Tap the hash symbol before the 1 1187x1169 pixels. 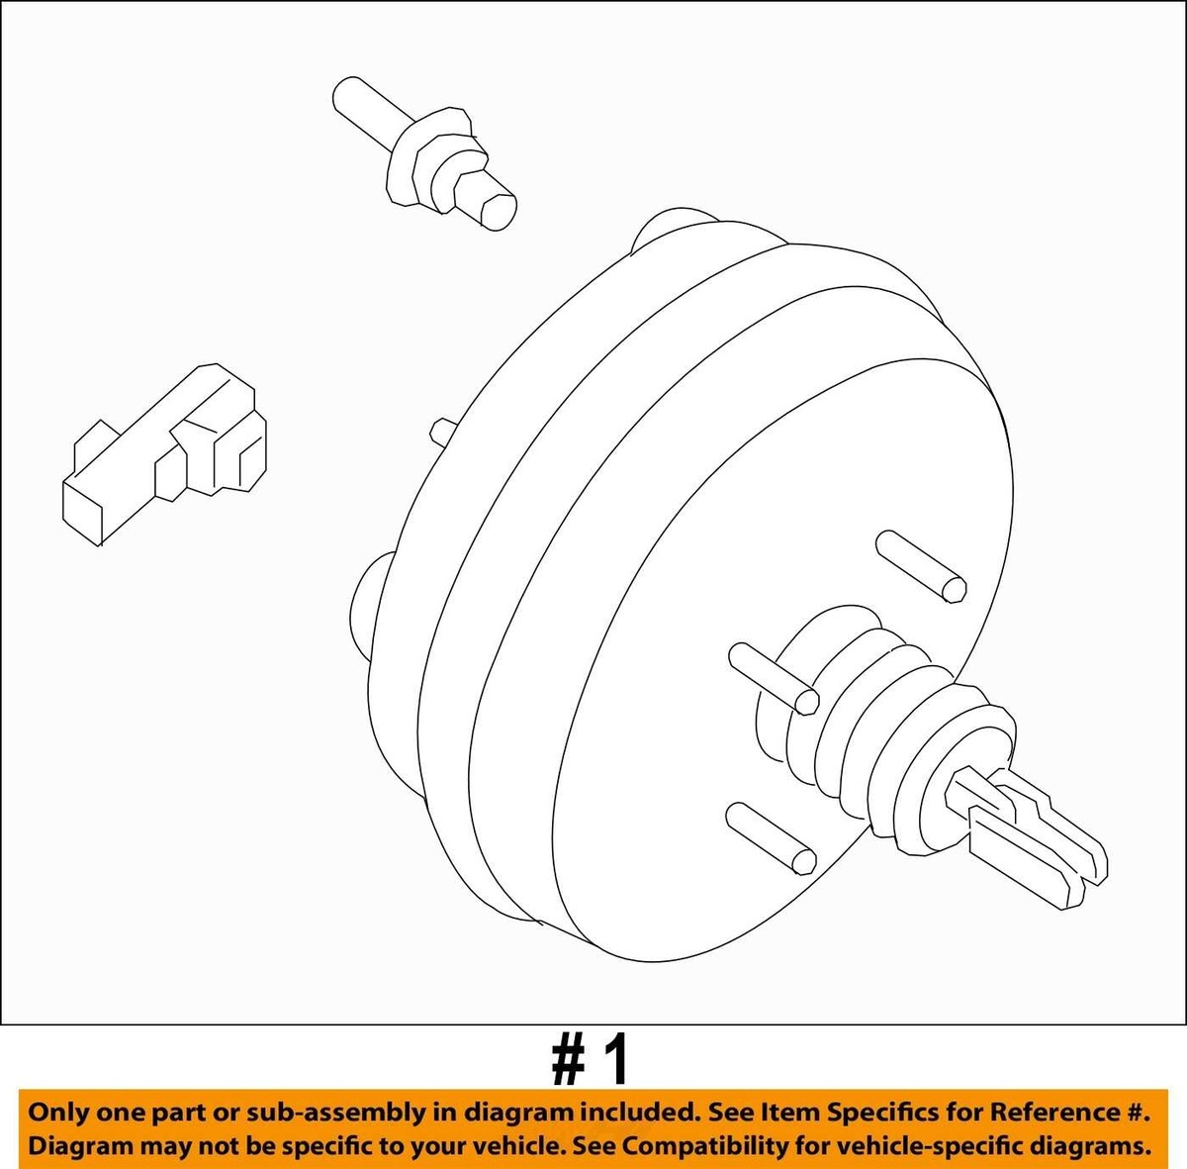(569, 1060)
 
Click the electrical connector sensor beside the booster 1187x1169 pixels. (165, 454)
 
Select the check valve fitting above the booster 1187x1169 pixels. (424, 153)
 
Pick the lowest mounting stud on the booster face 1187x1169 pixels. (772, 838)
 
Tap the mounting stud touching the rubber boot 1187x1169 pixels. (774, 679)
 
